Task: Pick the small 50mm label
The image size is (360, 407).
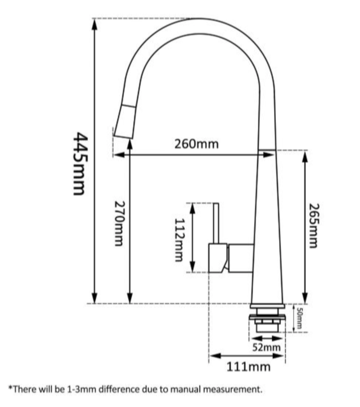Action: (299, 318)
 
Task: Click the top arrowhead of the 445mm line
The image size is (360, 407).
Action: (94, 24)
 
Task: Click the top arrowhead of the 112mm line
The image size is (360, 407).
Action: (193, 207)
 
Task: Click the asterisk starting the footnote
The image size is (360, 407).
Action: (10, 388)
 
